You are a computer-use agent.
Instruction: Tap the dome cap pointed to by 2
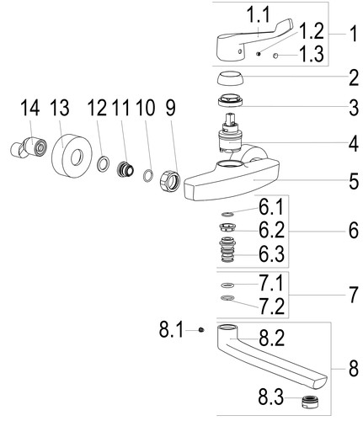pos(230,78)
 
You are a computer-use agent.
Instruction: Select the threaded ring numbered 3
pos(230,100)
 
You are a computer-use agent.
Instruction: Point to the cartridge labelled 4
pos(230,133)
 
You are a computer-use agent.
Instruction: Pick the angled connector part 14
pos(29,147)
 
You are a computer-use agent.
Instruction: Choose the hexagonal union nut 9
pos(169,181)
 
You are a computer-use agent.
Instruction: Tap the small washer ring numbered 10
pos(148,175)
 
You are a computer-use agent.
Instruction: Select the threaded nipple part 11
pos(125,168)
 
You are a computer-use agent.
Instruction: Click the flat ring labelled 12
pos(103,163)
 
